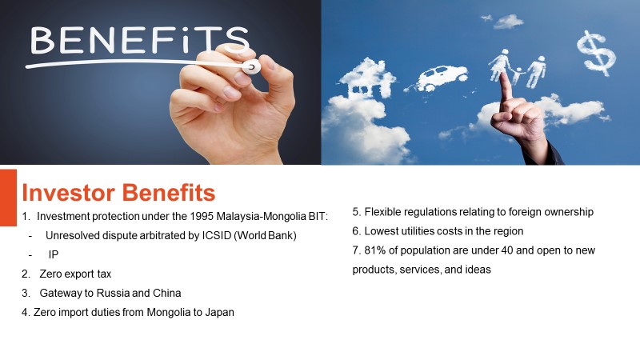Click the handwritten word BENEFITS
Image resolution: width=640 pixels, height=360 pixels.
pyautogui.click(x=139, y=40)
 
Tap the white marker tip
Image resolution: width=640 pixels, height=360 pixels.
pyautogui.click(x=251, y=66)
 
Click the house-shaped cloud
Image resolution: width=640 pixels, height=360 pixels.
pyautogui.click(x=367, y=79)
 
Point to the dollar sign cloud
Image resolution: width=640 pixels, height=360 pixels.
pyautogui.click(x=596, y=53)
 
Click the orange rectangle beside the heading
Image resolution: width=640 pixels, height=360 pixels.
pyautogui.click(x=8, y=198)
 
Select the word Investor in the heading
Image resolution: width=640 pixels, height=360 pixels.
pyautogui.click(x=68, y=193)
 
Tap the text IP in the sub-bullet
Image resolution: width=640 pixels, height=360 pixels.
pyautogui.click(x=54, y=254)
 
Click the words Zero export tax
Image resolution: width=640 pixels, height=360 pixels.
pyautogui.click(x=75, y=274)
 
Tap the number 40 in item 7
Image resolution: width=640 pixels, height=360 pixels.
pyautogui.click(x=506, y=250)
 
